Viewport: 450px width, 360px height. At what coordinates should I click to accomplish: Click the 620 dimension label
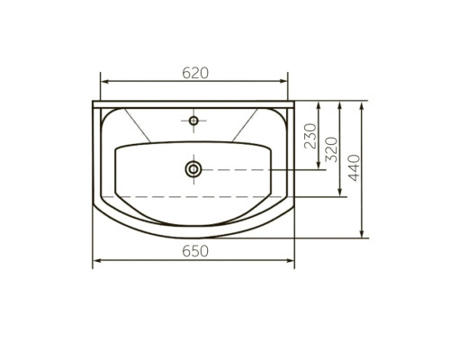(x=195, y=73)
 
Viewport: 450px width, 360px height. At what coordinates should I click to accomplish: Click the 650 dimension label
(x=195, y=251)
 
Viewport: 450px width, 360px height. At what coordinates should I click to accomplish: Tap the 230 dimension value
(x=310, y=136)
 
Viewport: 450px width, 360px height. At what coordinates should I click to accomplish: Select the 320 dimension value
(x=331, y=149)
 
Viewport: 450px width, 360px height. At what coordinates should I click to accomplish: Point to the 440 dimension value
(x=354, y=167)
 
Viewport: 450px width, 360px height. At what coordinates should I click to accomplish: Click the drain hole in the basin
(x=193, y=169)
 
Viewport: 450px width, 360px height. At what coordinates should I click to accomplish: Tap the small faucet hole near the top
(x=193, y=121)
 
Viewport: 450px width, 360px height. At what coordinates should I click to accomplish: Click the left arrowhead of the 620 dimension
(x=104, y=81)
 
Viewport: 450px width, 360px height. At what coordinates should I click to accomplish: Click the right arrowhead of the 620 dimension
(x=283, y=81)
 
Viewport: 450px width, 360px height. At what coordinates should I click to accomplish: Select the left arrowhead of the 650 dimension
(x=97, y=260)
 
